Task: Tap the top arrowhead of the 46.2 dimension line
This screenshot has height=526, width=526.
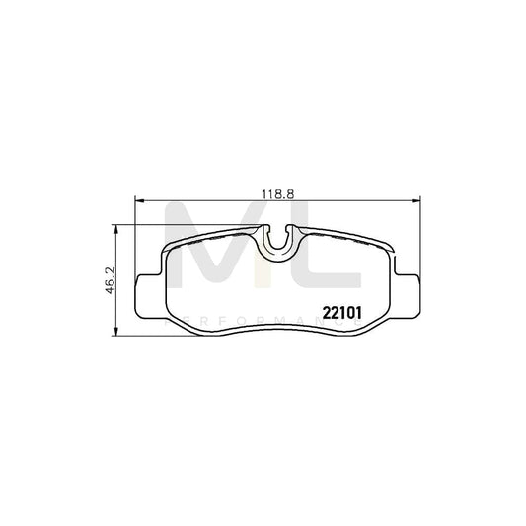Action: pos(119,229)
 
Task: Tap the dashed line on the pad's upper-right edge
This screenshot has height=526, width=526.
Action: pos(350,238)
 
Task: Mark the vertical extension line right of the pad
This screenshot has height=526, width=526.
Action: pos(413,237)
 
